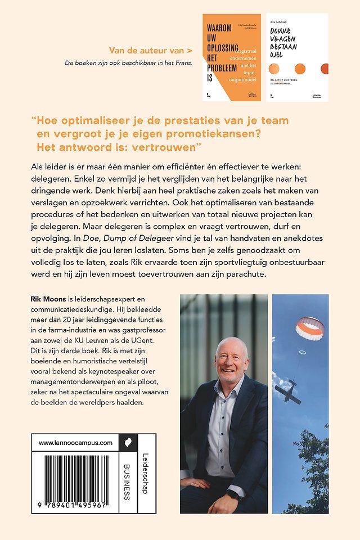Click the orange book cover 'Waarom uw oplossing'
click(x=231, y=57)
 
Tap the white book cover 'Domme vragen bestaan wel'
click(x=296, y=57)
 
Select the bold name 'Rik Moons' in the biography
click(x=50, y=301)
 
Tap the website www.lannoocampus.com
click(x=76, y=443)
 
